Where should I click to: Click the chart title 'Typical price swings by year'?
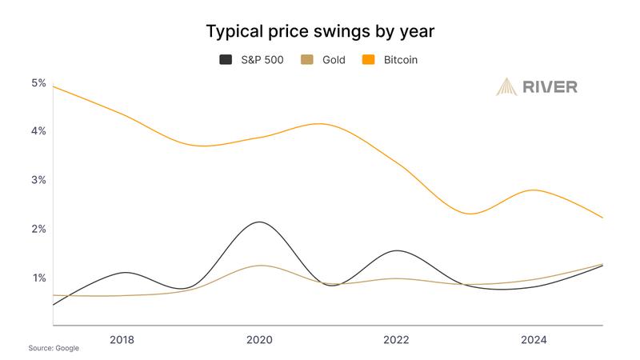[x=320, y=31]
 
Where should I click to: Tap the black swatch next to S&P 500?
[x=226, y=60]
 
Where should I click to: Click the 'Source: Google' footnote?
[x=54, y=350]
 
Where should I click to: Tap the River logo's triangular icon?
[x=507, y=86]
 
